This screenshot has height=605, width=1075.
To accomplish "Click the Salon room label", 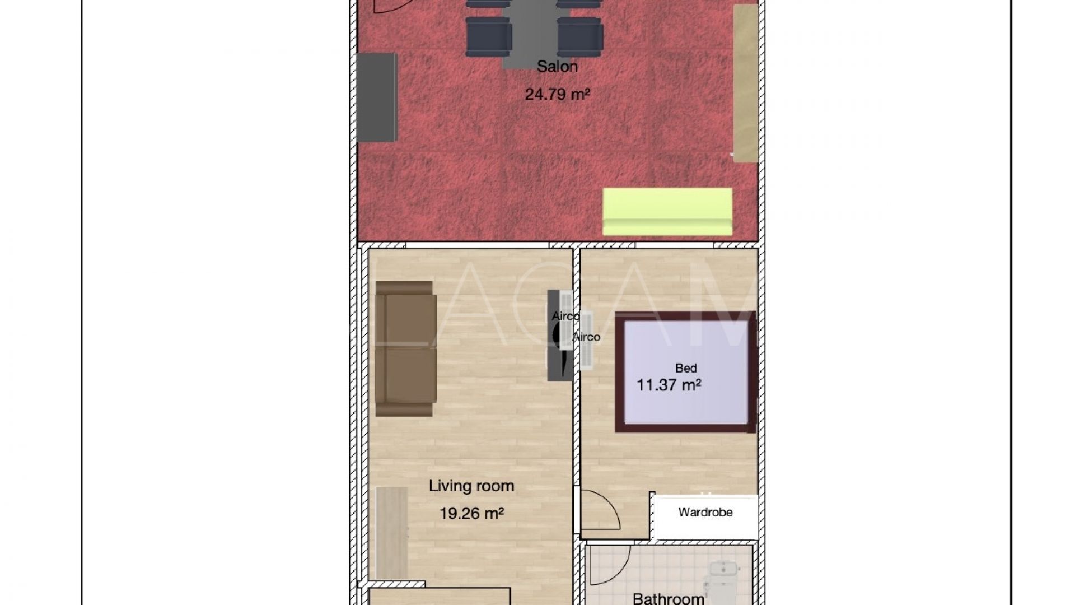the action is coord(557,67).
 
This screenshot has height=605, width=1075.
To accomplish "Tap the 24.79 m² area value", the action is coord(558,94).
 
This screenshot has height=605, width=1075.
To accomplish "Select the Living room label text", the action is coord(471,486).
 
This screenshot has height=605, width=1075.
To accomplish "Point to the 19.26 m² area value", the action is coord(471,513).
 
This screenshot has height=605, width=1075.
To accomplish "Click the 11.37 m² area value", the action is coord(669,385).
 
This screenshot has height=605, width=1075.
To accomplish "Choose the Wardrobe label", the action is coord(705,512).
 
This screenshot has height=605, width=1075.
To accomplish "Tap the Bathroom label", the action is coord(669,598).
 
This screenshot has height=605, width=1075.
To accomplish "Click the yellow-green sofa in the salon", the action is coord(667,211).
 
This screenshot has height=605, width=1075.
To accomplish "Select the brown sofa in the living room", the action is coord(405,348).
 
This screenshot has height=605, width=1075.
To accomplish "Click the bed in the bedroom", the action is coord(686,372).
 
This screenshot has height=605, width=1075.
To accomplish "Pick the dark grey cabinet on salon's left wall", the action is coord(377,97).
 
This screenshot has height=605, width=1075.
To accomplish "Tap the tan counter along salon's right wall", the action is coord(745,83).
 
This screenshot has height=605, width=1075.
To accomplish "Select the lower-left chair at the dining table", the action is coord(488,37).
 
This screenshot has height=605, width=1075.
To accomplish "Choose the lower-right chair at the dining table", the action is coord(580,37).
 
